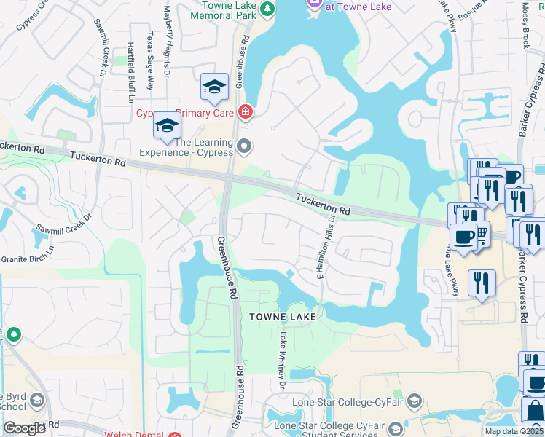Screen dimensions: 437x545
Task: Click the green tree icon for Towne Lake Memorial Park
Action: click(x=268, y=9)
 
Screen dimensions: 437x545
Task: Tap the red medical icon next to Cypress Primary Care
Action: click(x=246, y=112)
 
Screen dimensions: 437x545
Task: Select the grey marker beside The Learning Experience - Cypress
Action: click(x=244, y=147)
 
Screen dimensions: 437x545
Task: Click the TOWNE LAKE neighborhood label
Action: click(x=283, y=317)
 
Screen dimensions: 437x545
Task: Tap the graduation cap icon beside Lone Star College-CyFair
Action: click(x=414, y=402)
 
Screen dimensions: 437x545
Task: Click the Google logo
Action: click(x=25, y=428)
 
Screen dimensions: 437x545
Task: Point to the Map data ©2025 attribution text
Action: click(x=514, y=431)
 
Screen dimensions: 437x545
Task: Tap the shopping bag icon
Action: click(x=534, y=410)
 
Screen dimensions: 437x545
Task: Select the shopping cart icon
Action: click(x=481, y=231)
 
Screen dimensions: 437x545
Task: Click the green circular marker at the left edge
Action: click(x=13, y=335)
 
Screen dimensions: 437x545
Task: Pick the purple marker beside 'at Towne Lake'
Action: click(x=314, y=4)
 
